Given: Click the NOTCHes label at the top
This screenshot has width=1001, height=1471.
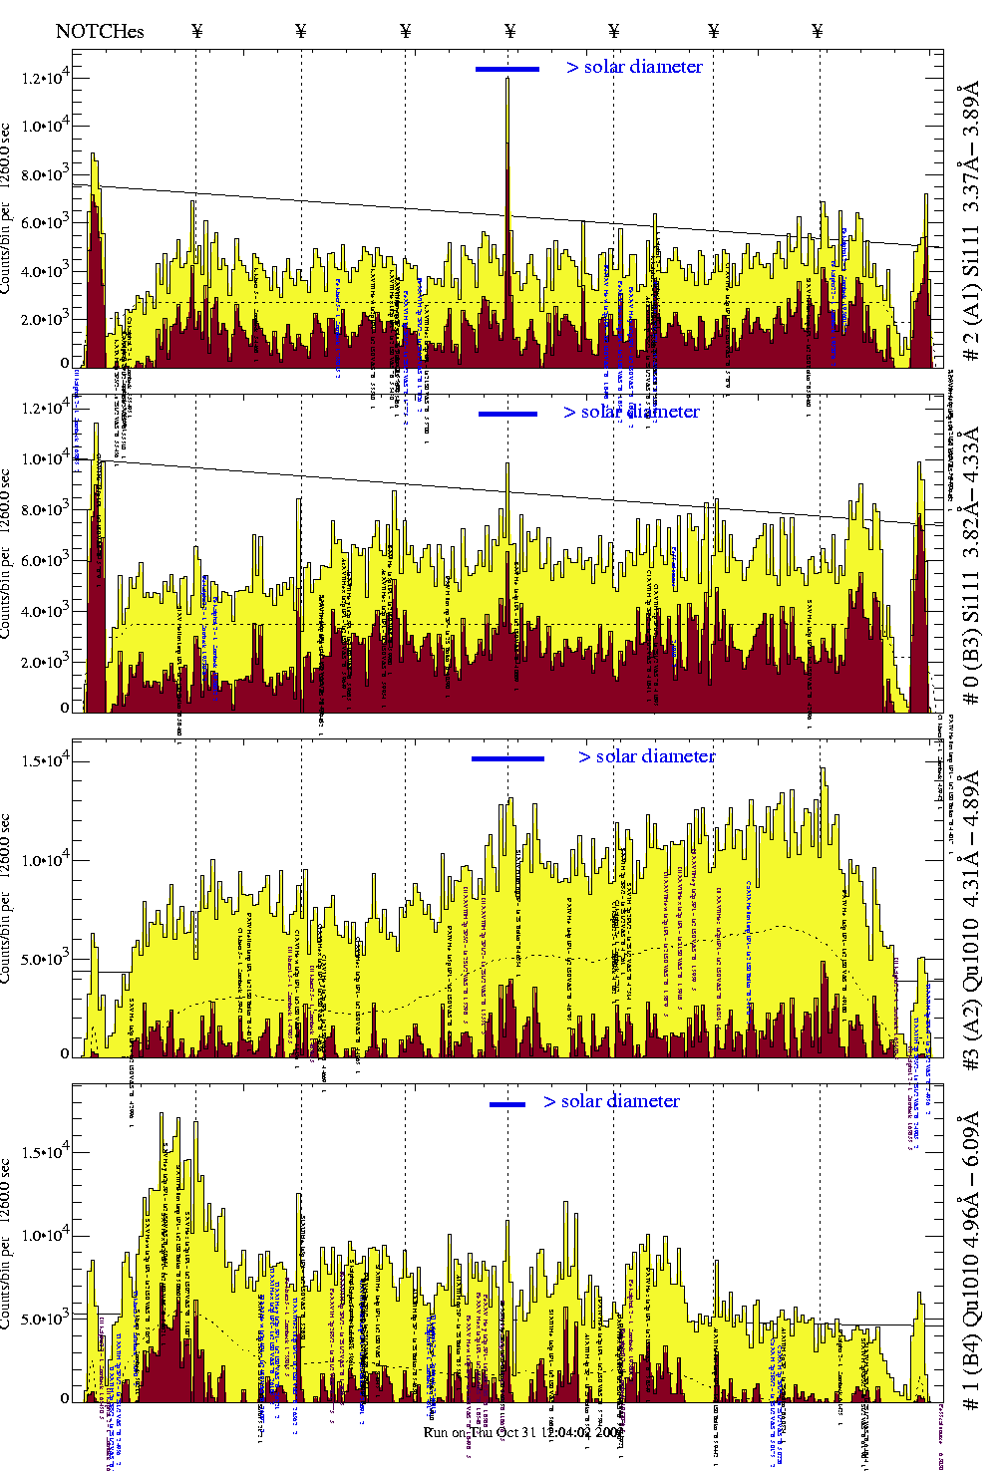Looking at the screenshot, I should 100,31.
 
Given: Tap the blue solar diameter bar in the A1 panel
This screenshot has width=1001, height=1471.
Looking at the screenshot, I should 507,69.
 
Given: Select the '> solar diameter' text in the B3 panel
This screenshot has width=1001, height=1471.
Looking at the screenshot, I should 631,412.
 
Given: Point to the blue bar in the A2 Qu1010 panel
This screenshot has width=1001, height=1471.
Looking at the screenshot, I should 507,758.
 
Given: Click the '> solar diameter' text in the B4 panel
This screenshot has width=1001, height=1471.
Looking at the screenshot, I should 611,1101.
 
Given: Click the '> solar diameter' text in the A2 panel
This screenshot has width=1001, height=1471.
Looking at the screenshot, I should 646,756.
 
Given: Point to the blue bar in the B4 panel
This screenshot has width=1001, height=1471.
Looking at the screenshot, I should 507,1104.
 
